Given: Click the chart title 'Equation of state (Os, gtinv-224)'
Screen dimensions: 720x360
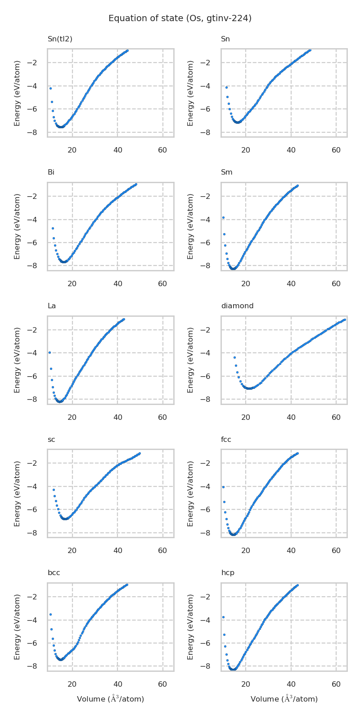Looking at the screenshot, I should point(180,18).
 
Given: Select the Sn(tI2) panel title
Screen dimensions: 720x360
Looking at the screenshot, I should point(60,39).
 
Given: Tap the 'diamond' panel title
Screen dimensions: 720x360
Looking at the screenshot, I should point(237,306).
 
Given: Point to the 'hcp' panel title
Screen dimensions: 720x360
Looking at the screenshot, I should point(228,573).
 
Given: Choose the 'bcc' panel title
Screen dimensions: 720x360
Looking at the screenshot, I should point(54,573).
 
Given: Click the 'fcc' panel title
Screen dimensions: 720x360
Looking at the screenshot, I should point(226,440).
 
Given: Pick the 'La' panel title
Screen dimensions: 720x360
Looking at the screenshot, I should point(52,306).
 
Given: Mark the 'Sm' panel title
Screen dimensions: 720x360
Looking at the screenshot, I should point(226,172).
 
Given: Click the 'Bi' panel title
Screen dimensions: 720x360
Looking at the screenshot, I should point(51,172).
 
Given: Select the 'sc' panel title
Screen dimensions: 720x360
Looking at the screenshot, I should point(51,440).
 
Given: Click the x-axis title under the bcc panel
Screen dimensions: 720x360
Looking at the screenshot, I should point(110,699).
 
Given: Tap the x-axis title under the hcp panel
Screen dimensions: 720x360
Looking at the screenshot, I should point(284,699).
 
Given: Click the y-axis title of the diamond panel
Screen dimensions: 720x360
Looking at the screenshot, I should point(190,360).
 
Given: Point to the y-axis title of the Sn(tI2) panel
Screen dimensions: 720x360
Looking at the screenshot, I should point(17,93).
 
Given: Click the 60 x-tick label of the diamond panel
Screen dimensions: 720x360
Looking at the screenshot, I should point(336,417).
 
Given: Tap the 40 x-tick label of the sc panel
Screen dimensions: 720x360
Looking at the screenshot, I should point(117,551).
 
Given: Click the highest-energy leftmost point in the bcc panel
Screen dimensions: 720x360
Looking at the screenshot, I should point(50,614).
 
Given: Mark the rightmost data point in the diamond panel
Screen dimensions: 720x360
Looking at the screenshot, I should point(344,319).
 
